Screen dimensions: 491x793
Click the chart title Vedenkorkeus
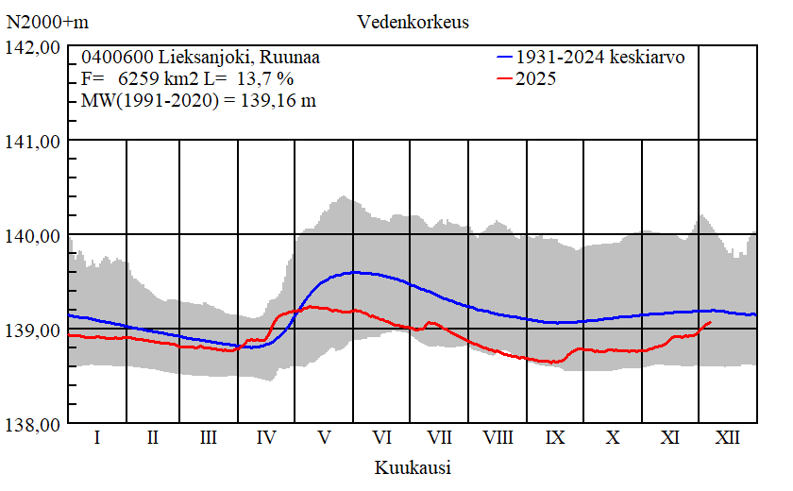[x=413, y=21]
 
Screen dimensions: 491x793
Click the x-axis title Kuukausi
[x=412, y=467]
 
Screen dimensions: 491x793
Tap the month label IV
[x=266, y=438]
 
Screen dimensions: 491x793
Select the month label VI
[x=381, y=438]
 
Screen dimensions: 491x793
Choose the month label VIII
[x=498, y=438]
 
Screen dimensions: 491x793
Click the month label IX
[x=555, y=438]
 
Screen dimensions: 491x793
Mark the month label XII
[x=728, y=438]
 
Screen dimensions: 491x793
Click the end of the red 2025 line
[x=711, y=322]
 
